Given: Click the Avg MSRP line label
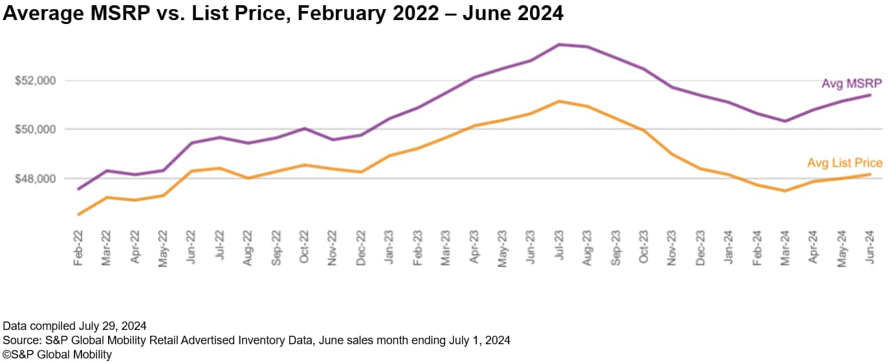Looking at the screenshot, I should pyautogui.click(x=851, y=84).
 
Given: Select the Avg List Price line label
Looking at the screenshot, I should pyautogui.click(x=844, y=163).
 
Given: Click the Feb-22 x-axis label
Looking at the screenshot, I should pyautogui.click(x=79, y=247).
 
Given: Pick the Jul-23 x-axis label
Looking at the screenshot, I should pyautogui.click(x=558, y=247).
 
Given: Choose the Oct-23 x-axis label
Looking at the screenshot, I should pyautogui.click(x=643, y=247).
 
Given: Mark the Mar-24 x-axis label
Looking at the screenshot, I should pyautogui.click(x=784, y=247).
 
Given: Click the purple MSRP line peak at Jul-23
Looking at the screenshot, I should pyautogui.click(x=559, y=45).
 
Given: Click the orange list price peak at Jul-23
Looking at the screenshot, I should pyautogui.click(x=559, y=101).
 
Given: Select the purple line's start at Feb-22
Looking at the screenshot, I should pyautogui.click(x=79, y=189).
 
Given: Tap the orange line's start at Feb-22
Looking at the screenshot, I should pyautogui.click(x=79, y=215).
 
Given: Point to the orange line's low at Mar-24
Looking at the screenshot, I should pyautogui.click(x=785, y=191).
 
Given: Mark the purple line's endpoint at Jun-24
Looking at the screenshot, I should pyautogui.click(x=870, y=95).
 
